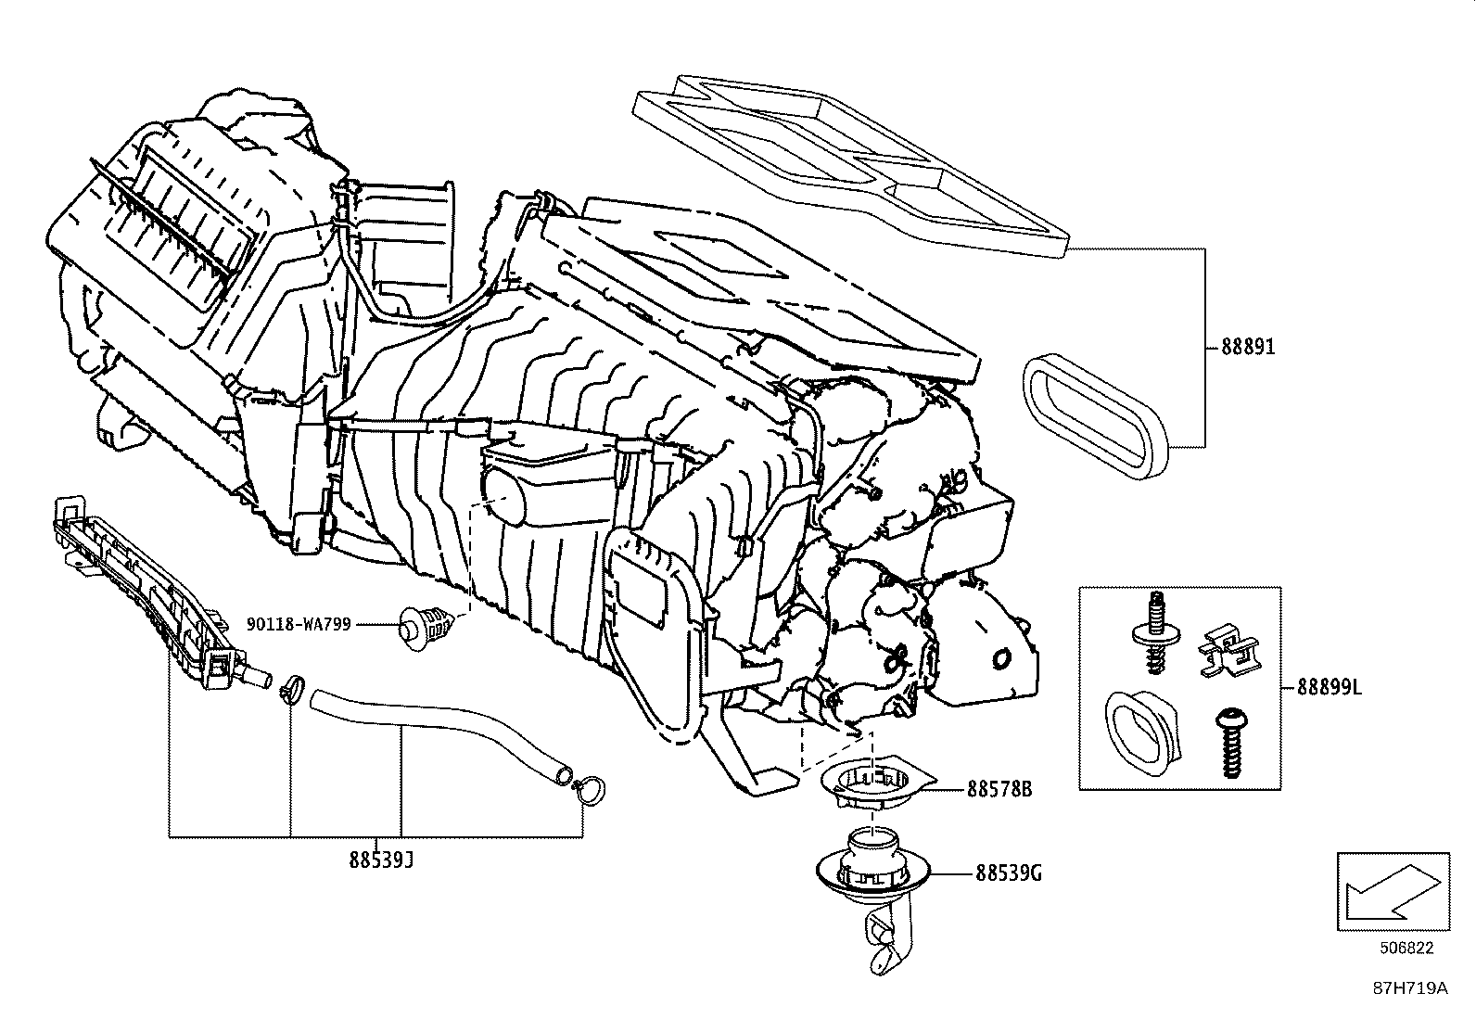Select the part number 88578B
coord(999,789)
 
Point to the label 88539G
coord(1008,873)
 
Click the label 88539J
coord(381,860)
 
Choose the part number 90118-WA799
coord(299,624)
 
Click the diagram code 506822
coord(1406,948)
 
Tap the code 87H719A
coord(1409,988)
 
